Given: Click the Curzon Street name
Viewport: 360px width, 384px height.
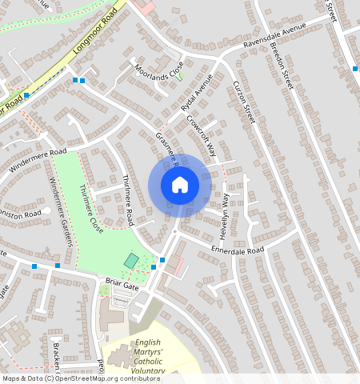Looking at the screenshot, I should (x=243, y=102).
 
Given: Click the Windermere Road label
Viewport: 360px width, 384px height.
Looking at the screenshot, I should (x=37, y=160).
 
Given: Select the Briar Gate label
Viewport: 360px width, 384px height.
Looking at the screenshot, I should (x=122, y=283).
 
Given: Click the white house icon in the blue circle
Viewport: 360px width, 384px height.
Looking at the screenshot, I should (x=180, y=185).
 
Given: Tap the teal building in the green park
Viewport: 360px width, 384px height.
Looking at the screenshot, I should (x=130, y=261).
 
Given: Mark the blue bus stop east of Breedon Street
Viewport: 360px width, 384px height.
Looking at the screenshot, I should (x=355, y=70).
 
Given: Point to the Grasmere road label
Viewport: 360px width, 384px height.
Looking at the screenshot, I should (x=166, y=150).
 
